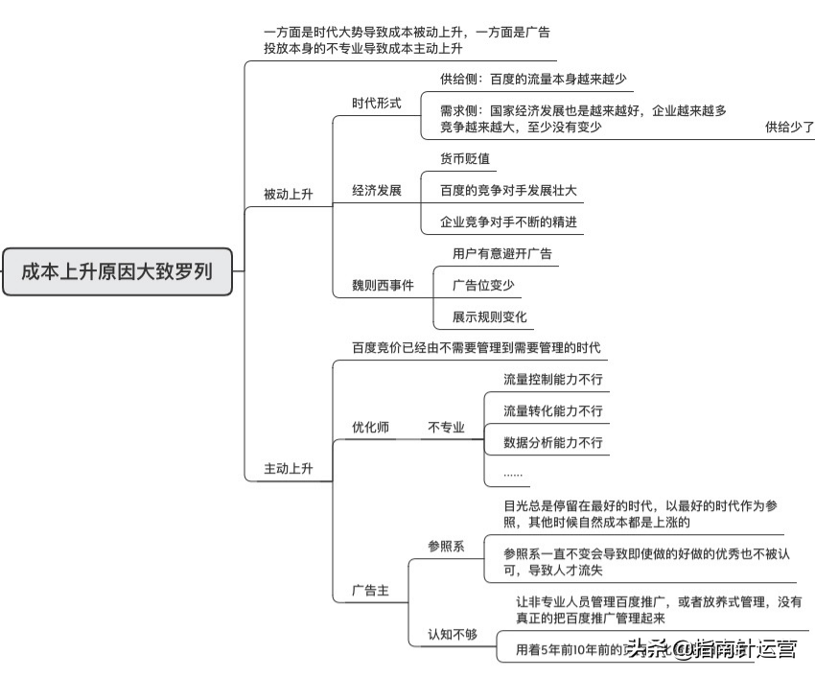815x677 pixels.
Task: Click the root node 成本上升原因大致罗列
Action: coord(117,271)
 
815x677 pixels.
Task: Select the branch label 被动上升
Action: coord(289,195)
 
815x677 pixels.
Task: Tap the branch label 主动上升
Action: coord(289,469)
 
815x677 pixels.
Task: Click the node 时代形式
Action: coord(377,103)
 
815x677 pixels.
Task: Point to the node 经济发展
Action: coord(377,190)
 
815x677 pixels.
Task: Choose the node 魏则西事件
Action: coord(384,285)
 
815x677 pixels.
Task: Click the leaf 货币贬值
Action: coord(465,159)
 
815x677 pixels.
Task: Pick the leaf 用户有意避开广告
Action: coord(502,254)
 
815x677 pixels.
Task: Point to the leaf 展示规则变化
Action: coord(490,316)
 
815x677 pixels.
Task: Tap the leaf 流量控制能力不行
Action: coord(553,380)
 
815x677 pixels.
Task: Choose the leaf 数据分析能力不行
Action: coord(553,442)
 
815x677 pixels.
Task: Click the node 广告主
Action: coord(371,591)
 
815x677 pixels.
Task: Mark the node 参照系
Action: coord(446,546)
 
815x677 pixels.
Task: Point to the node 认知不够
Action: coord(453,634)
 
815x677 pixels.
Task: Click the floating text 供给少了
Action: coord(789,127)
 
